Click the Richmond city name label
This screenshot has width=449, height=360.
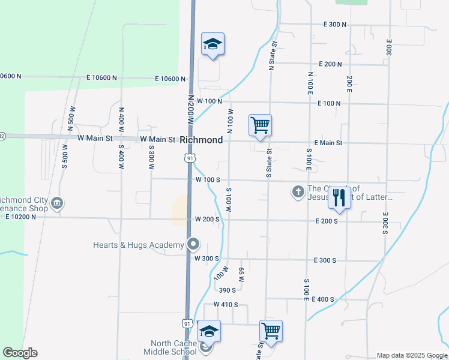pos(202,140)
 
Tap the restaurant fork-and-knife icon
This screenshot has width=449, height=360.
pos(339,196)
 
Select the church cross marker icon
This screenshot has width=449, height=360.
pos(298,192)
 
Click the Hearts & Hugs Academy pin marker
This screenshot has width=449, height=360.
pos(193,244)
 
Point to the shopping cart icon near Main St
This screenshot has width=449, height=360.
pos(261,125)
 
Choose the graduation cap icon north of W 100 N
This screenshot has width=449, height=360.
pos(212,44)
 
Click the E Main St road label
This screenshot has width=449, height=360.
pos(328,143)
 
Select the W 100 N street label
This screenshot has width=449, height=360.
pos(209,101)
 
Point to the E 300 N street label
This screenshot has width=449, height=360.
pos(335,25)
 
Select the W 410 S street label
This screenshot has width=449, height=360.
pos(226,305)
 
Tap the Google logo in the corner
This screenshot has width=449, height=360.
pos(20,353)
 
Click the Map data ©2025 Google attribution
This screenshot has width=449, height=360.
pos(411,355)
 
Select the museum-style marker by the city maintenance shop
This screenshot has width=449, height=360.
pos(57,202)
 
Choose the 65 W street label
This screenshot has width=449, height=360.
pos(241,275)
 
